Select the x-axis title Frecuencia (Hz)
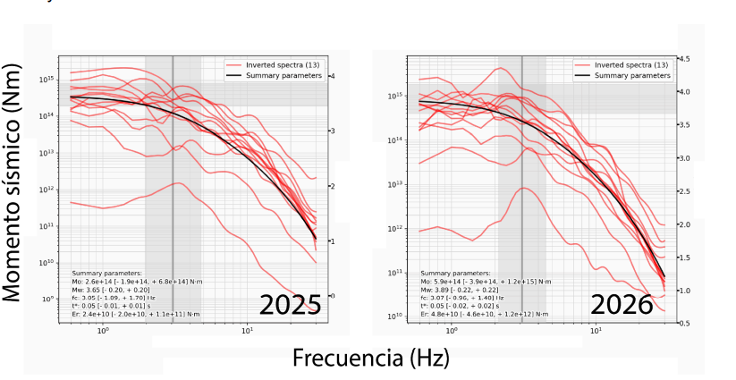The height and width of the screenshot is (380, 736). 369,358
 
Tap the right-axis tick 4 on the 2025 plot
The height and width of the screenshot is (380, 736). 332,76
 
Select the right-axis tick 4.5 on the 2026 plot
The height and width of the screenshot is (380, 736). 684,58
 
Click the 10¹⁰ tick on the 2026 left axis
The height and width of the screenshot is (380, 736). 398,317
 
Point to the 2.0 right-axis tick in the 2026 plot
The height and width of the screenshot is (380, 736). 684,224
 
